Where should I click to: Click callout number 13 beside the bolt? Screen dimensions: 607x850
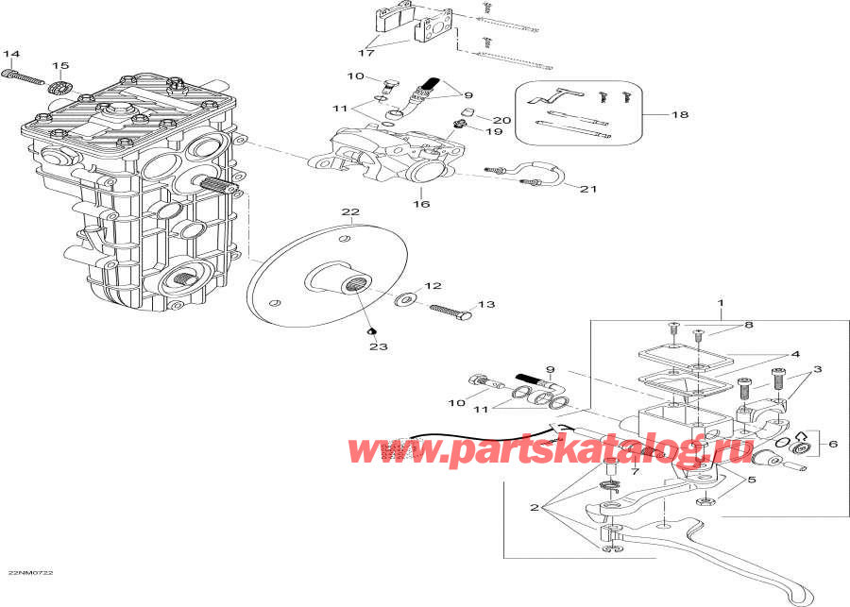click(485, 305)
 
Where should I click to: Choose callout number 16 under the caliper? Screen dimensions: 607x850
click(420, 204)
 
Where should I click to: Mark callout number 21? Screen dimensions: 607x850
click(588, 189)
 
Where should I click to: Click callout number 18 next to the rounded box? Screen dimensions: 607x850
click(679, 115)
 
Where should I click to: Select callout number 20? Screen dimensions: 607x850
click(501, 120)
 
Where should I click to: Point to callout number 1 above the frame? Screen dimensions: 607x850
click(720, 303)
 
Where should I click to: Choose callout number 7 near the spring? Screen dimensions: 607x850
click(635, 470)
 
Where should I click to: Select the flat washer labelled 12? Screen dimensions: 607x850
click(405, 299)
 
